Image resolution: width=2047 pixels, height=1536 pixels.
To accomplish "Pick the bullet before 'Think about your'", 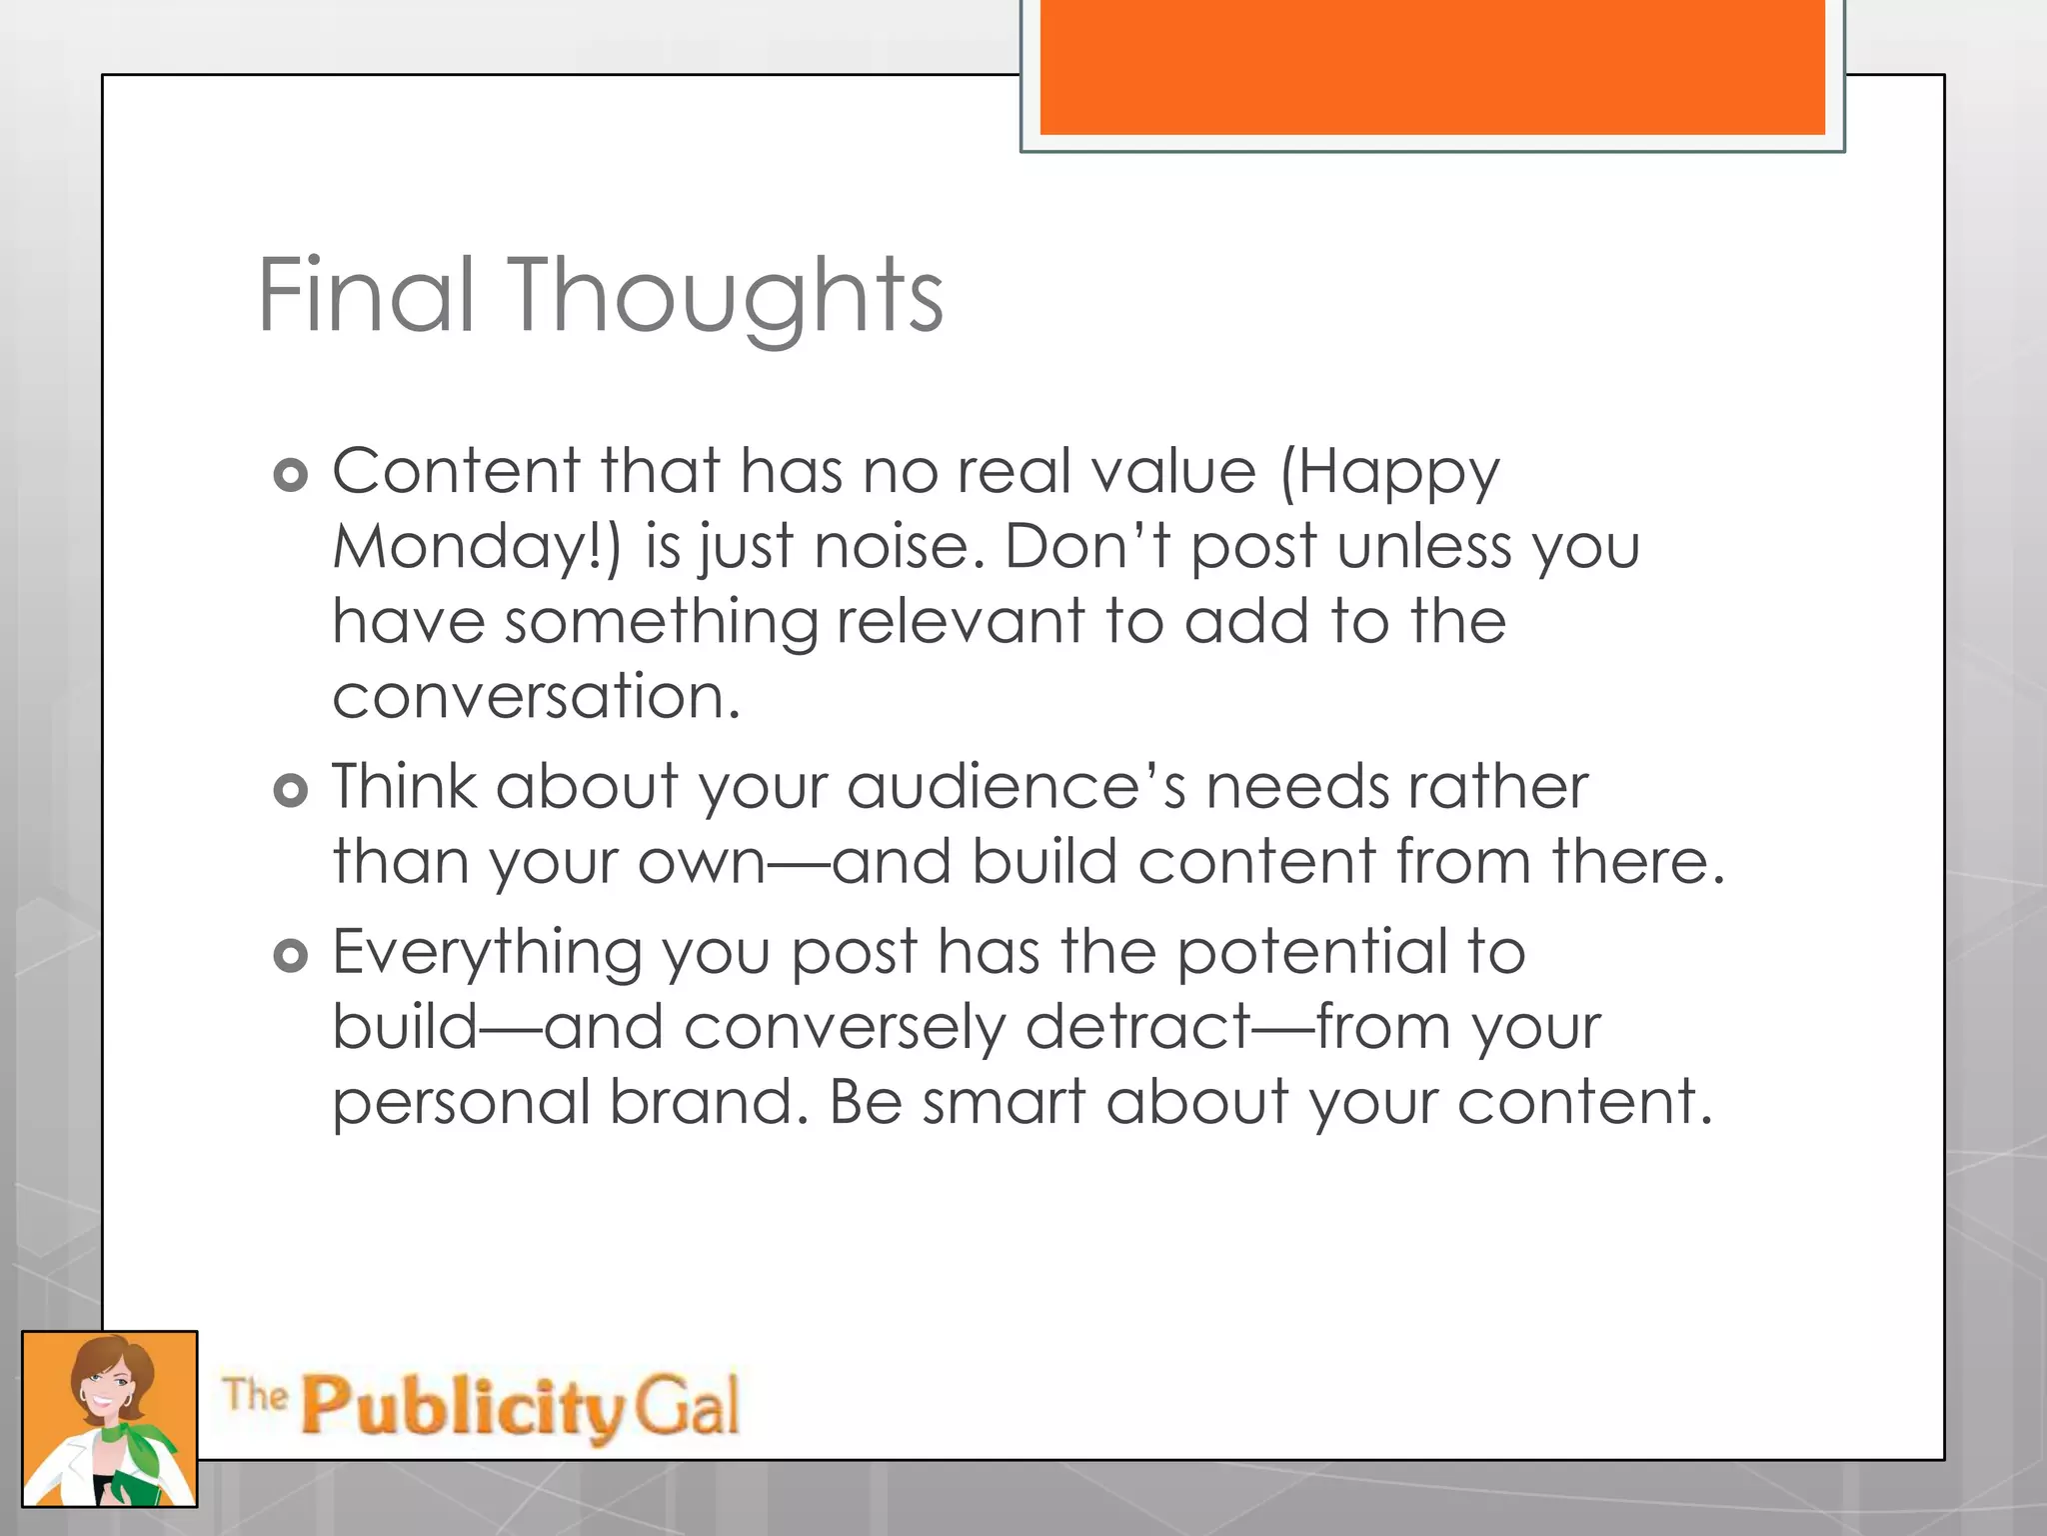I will pyautogui.click(x=290, y=791).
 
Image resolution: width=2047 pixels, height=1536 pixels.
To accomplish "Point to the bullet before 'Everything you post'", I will pyautogui.click(x=290, y=956).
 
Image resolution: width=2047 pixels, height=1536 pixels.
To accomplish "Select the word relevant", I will pyautogui.click(x=960, y=621).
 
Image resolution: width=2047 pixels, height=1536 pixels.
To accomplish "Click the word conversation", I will pyautogui.click(x=536, y=696).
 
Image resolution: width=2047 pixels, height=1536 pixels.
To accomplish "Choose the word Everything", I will pyautogui.click(x=487, y=953).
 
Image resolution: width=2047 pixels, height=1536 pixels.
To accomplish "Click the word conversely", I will pyautogui.click(x=845, y=1028).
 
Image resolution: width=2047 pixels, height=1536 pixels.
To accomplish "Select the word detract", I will pyautogui.click(x=1138, y=1028).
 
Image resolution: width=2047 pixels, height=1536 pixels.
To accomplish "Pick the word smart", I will pyautogui.click(x=1003, y=1102).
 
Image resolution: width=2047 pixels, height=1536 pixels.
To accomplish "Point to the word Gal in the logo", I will pyautogui.click(x=687, y=1404).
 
